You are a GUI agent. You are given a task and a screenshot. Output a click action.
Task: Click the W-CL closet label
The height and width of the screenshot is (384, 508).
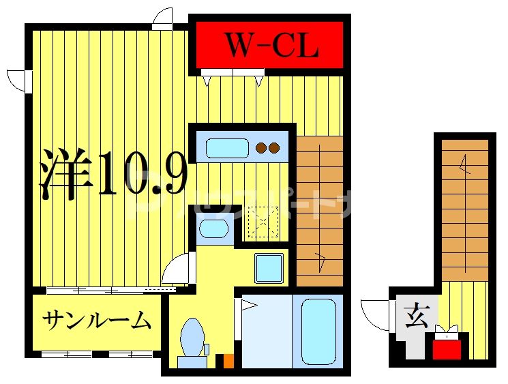271,46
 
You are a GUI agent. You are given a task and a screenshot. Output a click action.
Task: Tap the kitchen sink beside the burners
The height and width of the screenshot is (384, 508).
227,148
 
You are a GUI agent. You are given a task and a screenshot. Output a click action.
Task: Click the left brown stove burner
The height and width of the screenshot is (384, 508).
260,147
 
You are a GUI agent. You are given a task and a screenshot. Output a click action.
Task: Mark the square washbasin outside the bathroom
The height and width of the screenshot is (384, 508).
269,267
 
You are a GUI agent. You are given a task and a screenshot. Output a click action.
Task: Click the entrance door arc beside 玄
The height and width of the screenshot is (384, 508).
376,313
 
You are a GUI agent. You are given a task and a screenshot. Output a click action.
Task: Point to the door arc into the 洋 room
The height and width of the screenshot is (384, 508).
177,268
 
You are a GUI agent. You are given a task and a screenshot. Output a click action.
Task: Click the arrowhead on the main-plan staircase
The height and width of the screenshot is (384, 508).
319,261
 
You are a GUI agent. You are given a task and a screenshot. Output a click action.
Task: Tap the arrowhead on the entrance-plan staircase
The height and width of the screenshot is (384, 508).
464,164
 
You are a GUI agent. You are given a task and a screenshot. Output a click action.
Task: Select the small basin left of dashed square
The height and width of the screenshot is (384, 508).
213,228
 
